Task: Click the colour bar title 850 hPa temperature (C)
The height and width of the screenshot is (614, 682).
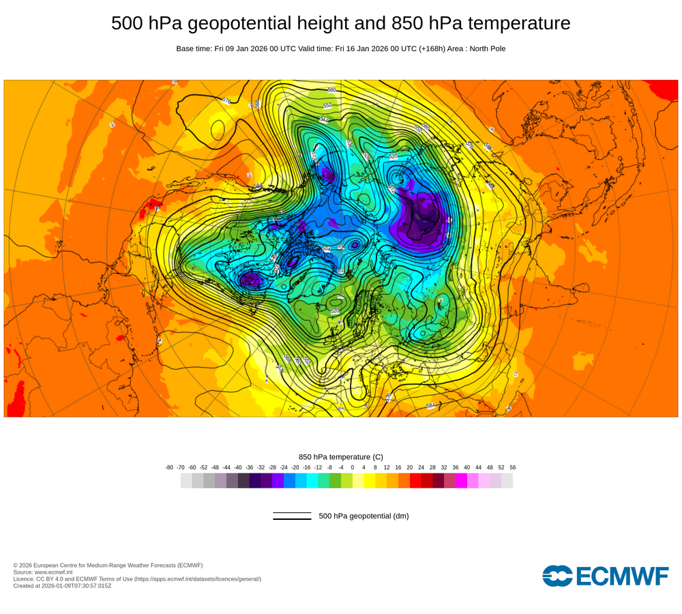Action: coord(341,456)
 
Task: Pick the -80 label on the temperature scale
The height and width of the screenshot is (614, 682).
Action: coord(169,467)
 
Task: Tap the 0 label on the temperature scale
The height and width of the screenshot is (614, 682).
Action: coord(353,467)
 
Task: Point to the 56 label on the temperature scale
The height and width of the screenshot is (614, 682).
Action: coord(513,467)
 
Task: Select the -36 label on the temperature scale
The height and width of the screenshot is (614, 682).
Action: coord(249,467)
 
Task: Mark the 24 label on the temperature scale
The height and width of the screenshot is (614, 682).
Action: coord(421,467)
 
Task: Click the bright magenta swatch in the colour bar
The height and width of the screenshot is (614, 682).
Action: coord(461,480)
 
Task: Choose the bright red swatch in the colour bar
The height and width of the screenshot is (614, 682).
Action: coord(415,480)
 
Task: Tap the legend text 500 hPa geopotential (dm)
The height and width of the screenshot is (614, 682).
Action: coord(364,516)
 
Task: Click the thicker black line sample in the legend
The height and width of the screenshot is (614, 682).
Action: coord(292,519)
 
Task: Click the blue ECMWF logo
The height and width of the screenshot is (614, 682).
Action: coord(606,575)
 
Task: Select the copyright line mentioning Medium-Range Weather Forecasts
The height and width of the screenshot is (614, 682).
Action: coord(108,565)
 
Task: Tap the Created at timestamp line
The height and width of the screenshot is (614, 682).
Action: coord(62,585)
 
